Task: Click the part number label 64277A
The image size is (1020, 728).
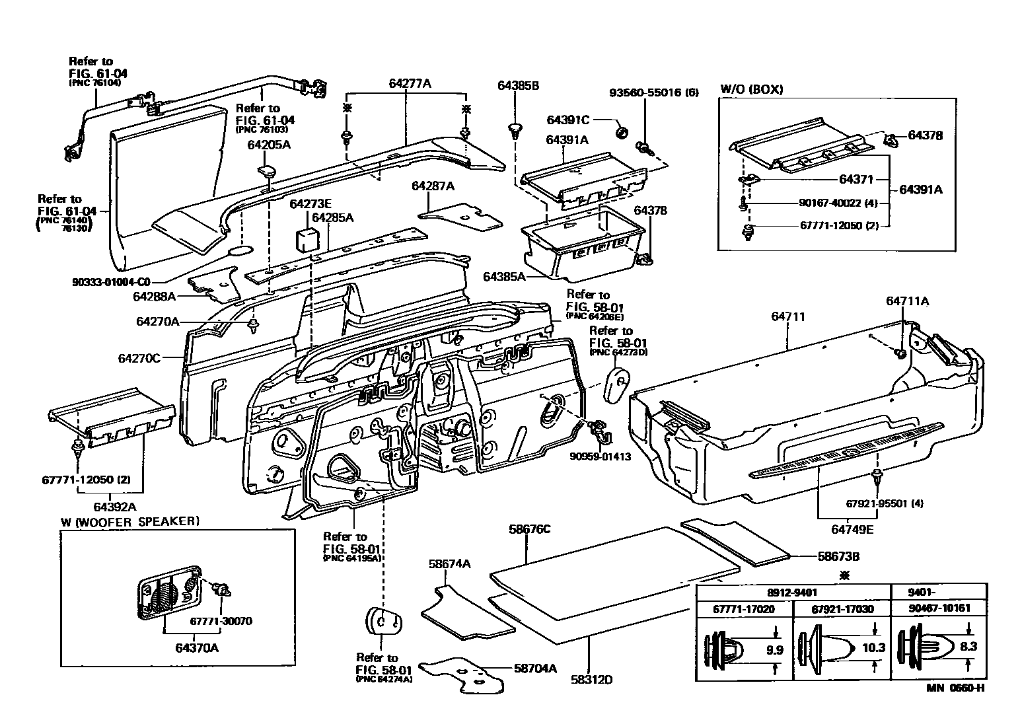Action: click(x=410, y=83)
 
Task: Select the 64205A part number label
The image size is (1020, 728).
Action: click(x=269, y=144)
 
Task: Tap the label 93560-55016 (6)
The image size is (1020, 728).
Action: click(x=653, y=92)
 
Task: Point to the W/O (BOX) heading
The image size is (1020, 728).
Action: click(x=751, y=89)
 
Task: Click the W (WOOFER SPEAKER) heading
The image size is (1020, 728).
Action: click(x=129, y=521)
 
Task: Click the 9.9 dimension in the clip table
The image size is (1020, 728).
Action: click(x=774, y=649)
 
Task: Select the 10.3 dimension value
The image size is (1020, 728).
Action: click(x=873, y=648)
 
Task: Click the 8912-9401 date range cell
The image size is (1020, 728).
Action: click(x=791, y=592)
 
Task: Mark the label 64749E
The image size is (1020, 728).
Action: click(x=852, y=529)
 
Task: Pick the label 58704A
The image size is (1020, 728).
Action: click(x=535, y=669)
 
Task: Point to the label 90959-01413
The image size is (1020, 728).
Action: click(x=600, y=456)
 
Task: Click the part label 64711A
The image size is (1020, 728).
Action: click(x=907, y=301)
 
